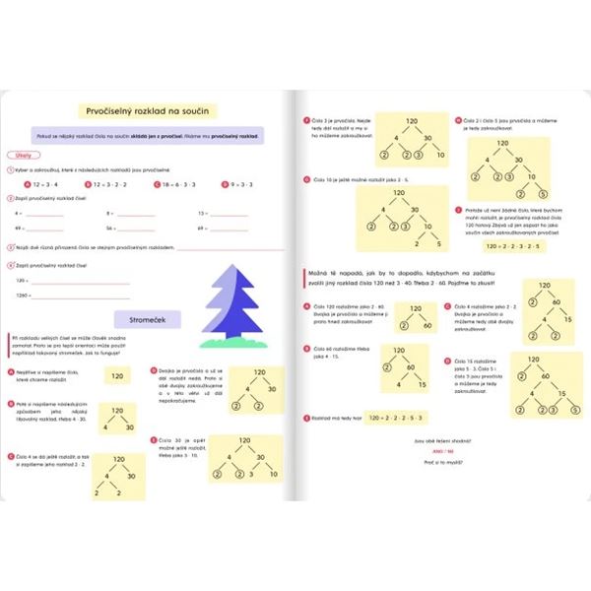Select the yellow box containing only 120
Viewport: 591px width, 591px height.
pos(117,375)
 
